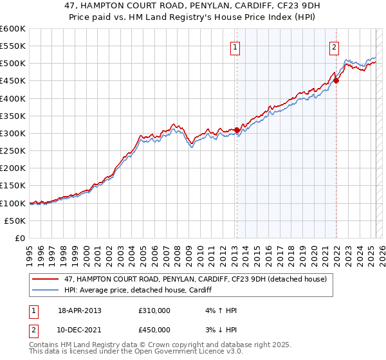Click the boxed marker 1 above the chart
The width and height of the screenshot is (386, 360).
(235, 47)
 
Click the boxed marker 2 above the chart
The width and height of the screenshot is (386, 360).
(335, 47)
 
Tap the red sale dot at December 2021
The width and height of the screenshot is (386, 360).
(336, 81)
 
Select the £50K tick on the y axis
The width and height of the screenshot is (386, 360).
(15, 221)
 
